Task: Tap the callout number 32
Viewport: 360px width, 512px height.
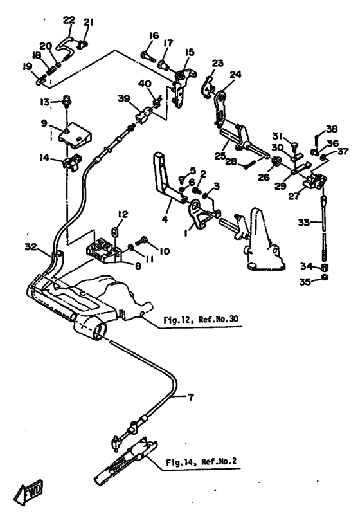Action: point(31,247)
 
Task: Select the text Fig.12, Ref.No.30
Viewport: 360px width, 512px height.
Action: point(201,319)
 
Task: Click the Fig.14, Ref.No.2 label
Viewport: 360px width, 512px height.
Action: point(201,462)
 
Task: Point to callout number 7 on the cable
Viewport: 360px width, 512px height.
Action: point(190,397)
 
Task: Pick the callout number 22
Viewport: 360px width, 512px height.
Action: point(69,20)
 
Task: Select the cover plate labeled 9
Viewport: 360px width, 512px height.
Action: point(75,134)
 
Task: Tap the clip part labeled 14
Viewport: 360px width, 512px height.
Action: point(72,161)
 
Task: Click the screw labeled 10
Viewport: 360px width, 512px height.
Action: point(141,242)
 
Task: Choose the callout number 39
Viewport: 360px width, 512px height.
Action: point(124,98)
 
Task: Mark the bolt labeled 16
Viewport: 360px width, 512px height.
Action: point(148,56)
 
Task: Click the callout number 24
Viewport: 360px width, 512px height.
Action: point(235,74)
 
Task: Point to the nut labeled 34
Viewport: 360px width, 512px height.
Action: point(324,268)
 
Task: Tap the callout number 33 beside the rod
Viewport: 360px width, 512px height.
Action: point(304,223)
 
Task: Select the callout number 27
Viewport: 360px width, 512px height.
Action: point(294,196)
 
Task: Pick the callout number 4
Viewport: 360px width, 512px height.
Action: point(165,219)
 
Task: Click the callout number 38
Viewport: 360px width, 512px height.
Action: point(332,129)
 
